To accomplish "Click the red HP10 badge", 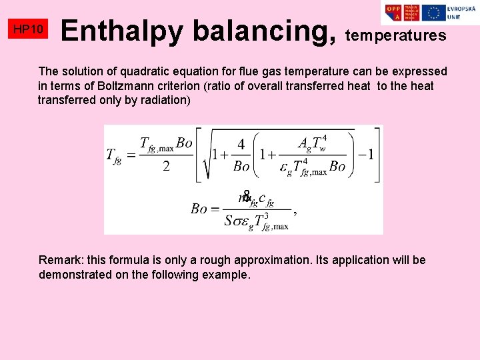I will (29, 29).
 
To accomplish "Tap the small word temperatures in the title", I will (396, 36).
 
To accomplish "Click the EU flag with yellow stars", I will (434, 13).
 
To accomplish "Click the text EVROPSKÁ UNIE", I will (461, 13).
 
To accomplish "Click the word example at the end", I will (228, 275).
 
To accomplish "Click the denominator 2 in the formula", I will (166, 167).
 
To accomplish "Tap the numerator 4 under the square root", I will (241, 145).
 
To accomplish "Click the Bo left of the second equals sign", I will (199, 209).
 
